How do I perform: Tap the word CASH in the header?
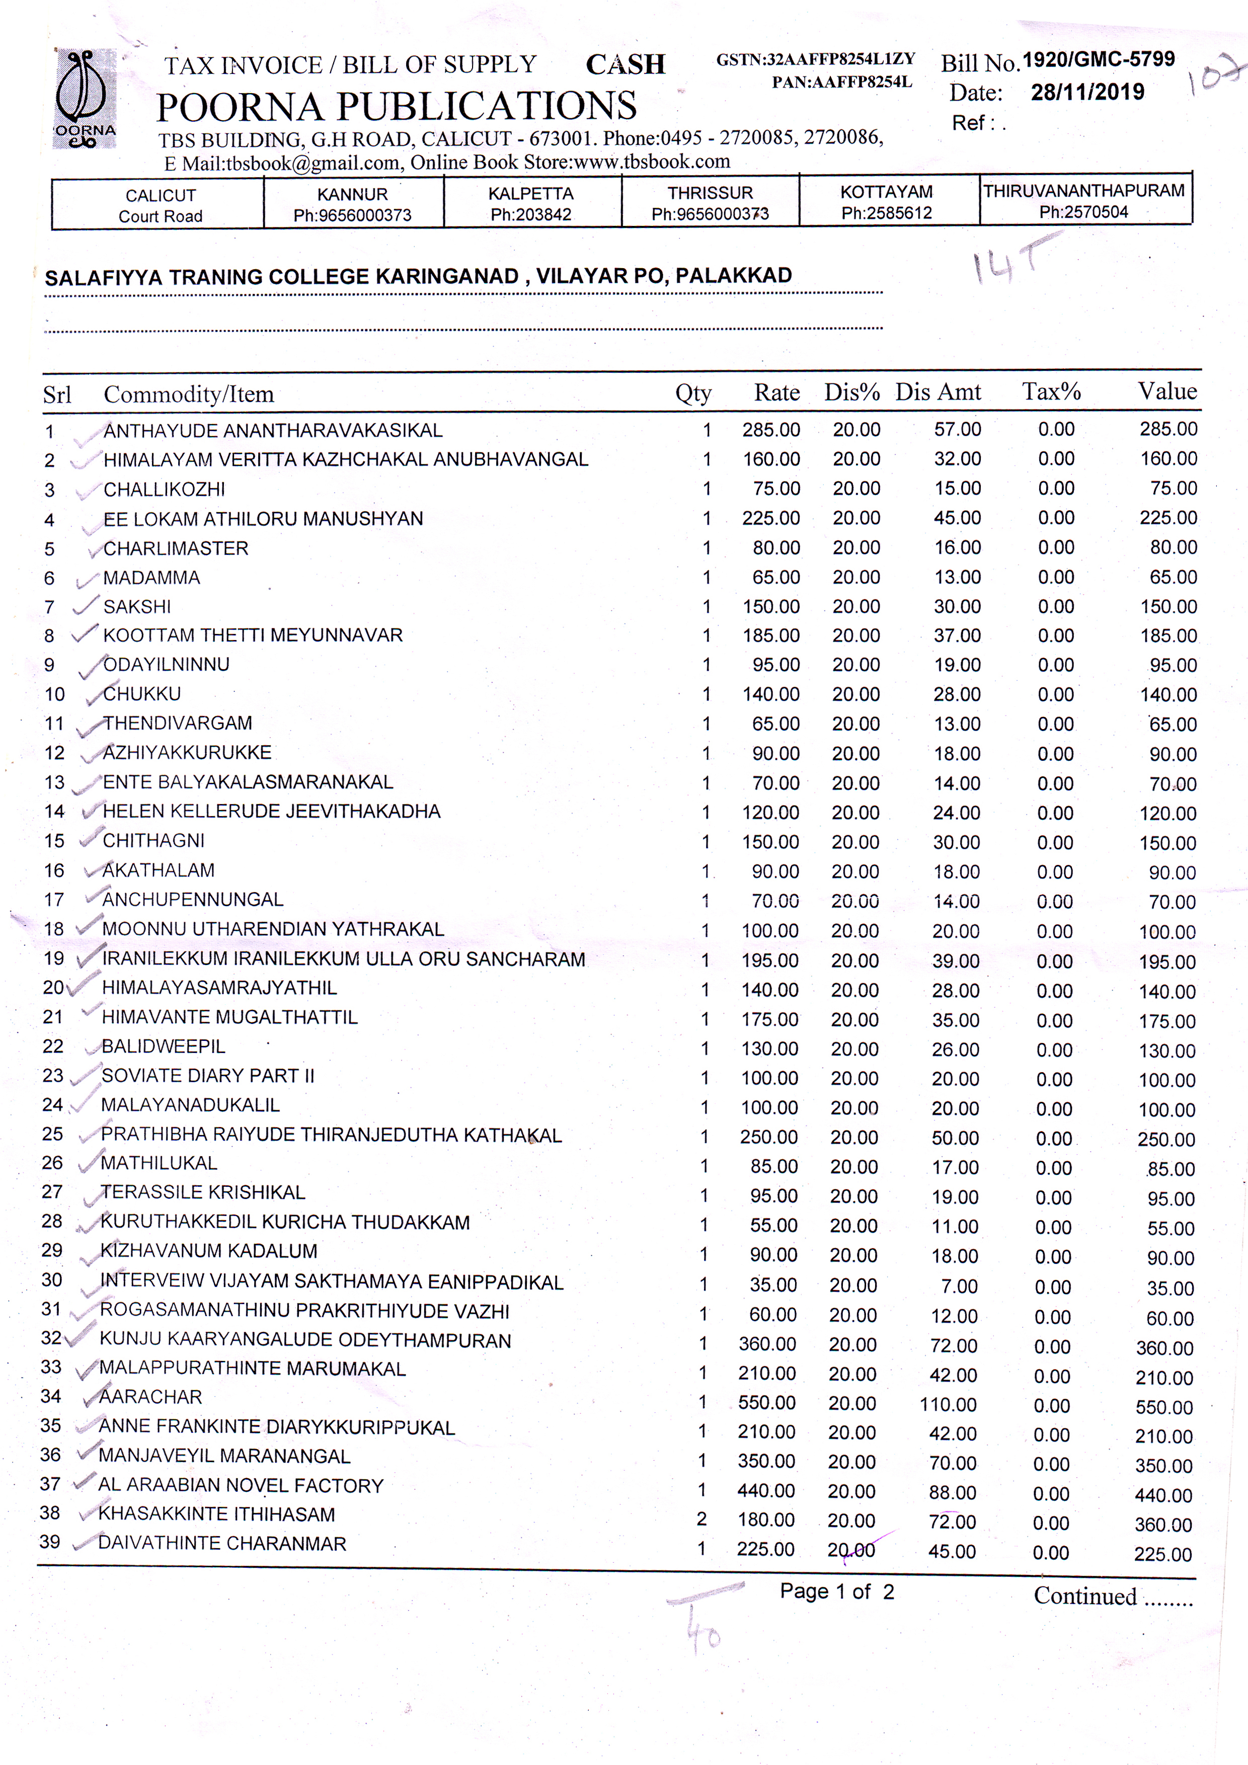click(x=625, y=64)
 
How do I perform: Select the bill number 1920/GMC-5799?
click(x=1098, y=60)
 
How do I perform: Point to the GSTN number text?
click(x=815, y=60)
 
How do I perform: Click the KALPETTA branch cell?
click(x=531, y=203)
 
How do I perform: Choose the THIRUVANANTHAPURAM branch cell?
click(x=1084, y=201)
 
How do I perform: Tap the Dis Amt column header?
click(x=938, y=392)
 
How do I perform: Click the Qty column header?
click(x=693, y=393)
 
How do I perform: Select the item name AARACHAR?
click(x=150, y=1397)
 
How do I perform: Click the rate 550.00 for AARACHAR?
click(x=766, y=1402)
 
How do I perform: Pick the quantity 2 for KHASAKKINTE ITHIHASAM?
click(x=701, y=1519)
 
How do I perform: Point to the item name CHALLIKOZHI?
click(x=165, y=490)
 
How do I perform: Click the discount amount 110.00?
click(x=948, y=1404)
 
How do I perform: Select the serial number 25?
click(x=52, y=1134)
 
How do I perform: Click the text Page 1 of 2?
click(x=837, y=1591)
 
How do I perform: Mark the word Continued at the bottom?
click(x=1085, y=1596)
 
